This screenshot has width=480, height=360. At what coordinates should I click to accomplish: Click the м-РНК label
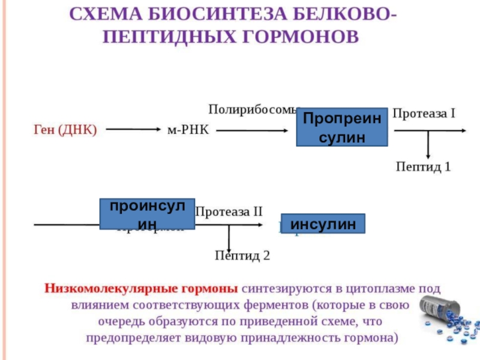click(x=187, y=130)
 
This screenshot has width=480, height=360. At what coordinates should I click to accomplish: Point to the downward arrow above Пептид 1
click(x=428, y=145)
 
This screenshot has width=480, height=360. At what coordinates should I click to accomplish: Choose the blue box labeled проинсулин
click(x=147, y=214)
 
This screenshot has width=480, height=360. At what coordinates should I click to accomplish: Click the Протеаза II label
click(x=229, y=211)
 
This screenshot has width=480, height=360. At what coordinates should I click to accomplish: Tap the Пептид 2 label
click(x=242, y=256)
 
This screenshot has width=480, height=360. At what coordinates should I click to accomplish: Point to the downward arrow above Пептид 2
click(x=229, y=236)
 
